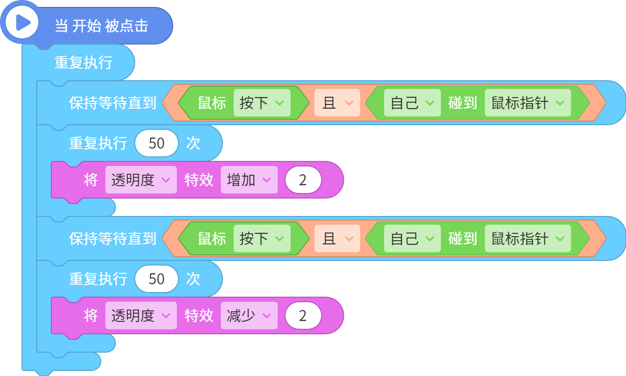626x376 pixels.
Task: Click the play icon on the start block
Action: click(x=22, y=22)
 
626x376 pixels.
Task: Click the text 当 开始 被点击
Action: click(x=101, y=26)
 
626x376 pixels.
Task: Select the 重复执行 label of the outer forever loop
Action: click(x=83, y=62)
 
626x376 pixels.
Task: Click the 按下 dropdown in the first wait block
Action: click(x=262, y=103)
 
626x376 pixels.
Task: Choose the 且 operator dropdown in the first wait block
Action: click(x=337, y=103)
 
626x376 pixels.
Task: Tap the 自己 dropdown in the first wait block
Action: click(x=412, y=103)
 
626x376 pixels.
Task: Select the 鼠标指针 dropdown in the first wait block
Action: click(x=527, y=103)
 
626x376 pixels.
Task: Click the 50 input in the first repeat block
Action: click(x=157, y=143)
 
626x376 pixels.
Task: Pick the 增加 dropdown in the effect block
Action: click(x=249, y=180)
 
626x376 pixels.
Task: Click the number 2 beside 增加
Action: click(x=303, y=180)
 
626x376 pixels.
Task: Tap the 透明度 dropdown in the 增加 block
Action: click(x=141, y=180)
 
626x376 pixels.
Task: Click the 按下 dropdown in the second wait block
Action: click(x=262, y=238)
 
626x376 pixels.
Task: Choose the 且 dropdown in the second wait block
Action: click(x=337, y=238)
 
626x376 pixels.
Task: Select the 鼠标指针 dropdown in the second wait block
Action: click(x=527, y=238)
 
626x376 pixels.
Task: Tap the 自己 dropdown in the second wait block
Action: click(x=412, y=238)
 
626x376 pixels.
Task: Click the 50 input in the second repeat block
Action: click(x=157, y=279)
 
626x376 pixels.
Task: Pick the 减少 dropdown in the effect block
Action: click(x=249, y=315)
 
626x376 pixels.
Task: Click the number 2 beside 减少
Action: click(x=303, y=315)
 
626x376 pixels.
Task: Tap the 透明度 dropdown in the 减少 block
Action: click(x=141, y=315)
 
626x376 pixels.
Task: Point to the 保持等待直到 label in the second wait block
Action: click(x=113, y=238)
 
